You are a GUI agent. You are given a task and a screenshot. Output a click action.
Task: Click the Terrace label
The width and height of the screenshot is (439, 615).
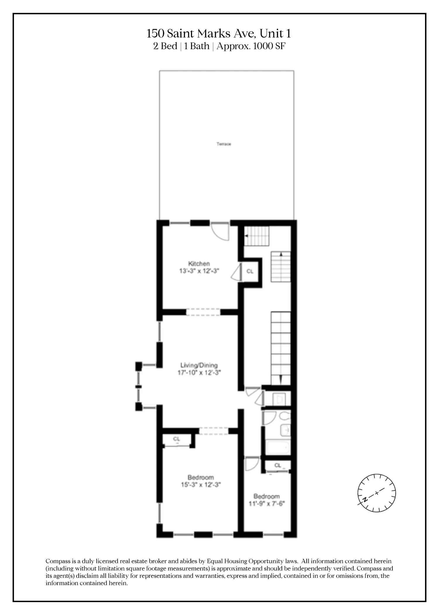224,144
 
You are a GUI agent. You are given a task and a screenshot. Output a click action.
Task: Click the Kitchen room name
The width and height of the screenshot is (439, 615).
199,263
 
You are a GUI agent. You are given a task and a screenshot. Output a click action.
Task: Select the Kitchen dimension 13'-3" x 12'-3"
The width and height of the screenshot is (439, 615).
199,271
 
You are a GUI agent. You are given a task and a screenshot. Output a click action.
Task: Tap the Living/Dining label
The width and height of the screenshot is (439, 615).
199,365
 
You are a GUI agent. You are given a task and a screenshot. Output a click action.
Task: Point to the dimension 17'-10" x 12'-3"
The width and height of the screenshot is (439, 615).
199,373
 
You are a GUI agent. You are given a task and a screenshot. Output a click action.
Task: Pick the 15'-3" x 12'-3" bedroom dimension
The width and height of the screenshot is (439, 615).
200,485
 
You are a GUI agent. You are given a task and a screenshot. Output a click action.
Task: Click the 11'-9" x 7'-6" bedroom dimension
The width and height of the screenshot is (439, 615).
267,504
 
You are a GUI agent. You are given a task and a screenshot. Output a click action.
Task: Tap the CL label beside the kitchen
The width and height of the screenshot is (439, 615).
250,271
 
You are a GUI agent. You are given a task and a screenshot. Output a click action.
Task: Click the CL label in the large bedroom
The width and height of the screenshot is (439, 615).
176,439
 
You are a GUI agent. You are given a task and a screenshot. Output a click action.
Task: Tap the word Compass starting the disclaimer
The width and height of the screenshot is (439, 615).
58,561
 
